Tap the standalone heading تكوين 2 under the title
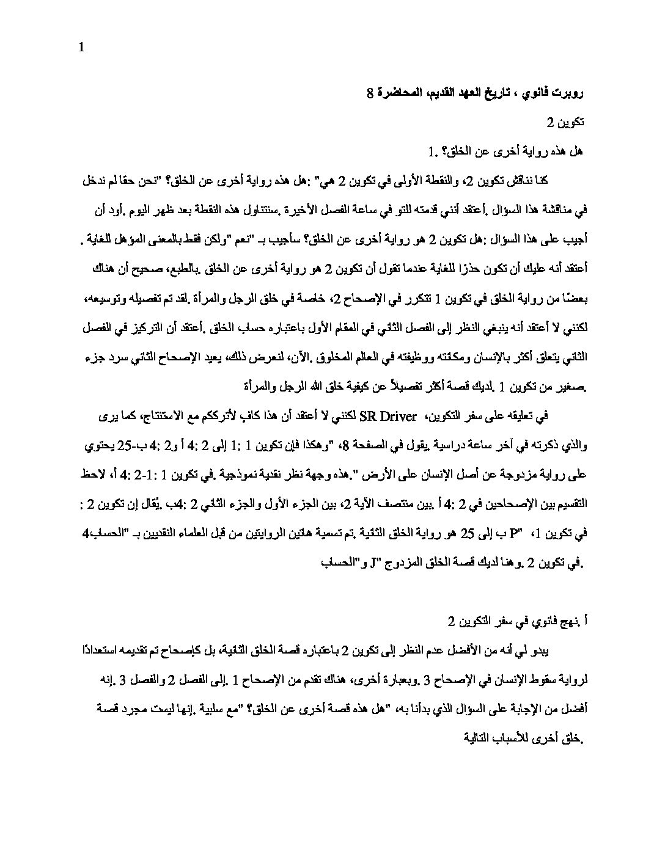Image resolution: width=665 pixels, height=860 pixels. click(x=566, y=122)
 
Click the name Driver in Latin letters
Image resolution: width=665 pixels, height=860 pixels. click(x=397, y=417)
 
